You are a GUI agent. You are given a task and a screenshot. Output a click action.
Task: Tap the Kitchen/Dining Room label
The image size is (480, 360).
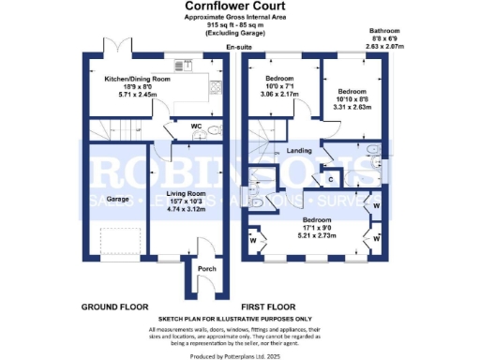tap(137, 80)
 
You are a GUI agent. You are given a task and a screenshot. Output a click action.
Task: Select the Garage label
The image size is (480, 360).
tap(116, 200)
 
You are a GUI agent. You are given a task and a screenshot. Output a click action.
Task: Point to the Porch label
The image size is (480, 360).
tap(206, 269)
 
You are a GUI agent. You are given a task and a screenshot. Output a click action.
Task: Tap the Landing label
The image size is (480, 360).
tap(299, 149)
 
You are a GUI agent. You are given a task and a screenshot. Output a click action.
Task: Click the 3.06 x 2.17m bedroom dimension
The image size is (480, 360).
tap(281, 94)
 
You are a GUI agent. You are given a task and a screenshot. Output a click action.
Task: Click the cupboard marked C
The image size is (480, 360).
tap(330, 176)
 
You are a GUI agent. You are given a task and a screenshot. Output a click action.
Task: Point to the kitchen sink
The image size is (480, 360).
tap(180, 67)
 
